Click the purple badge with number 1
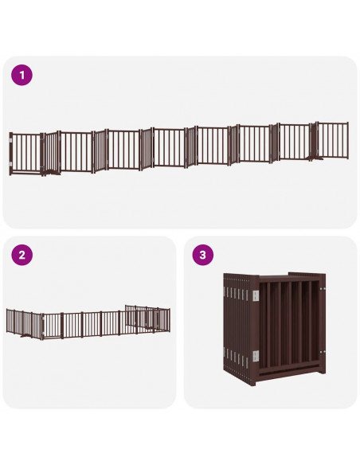[x=22, y=76]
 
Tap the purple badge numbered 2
[x=22, y=256]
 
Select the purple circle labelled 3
[x=203, y=256]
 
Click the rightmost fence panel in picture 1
[x=333, y=141]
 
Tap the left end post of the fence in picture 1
[x=10, y=154]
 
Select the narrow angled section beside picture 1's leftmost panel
[x=49, y=152]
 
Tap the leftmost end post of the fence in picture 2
[x=7, y=321]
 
